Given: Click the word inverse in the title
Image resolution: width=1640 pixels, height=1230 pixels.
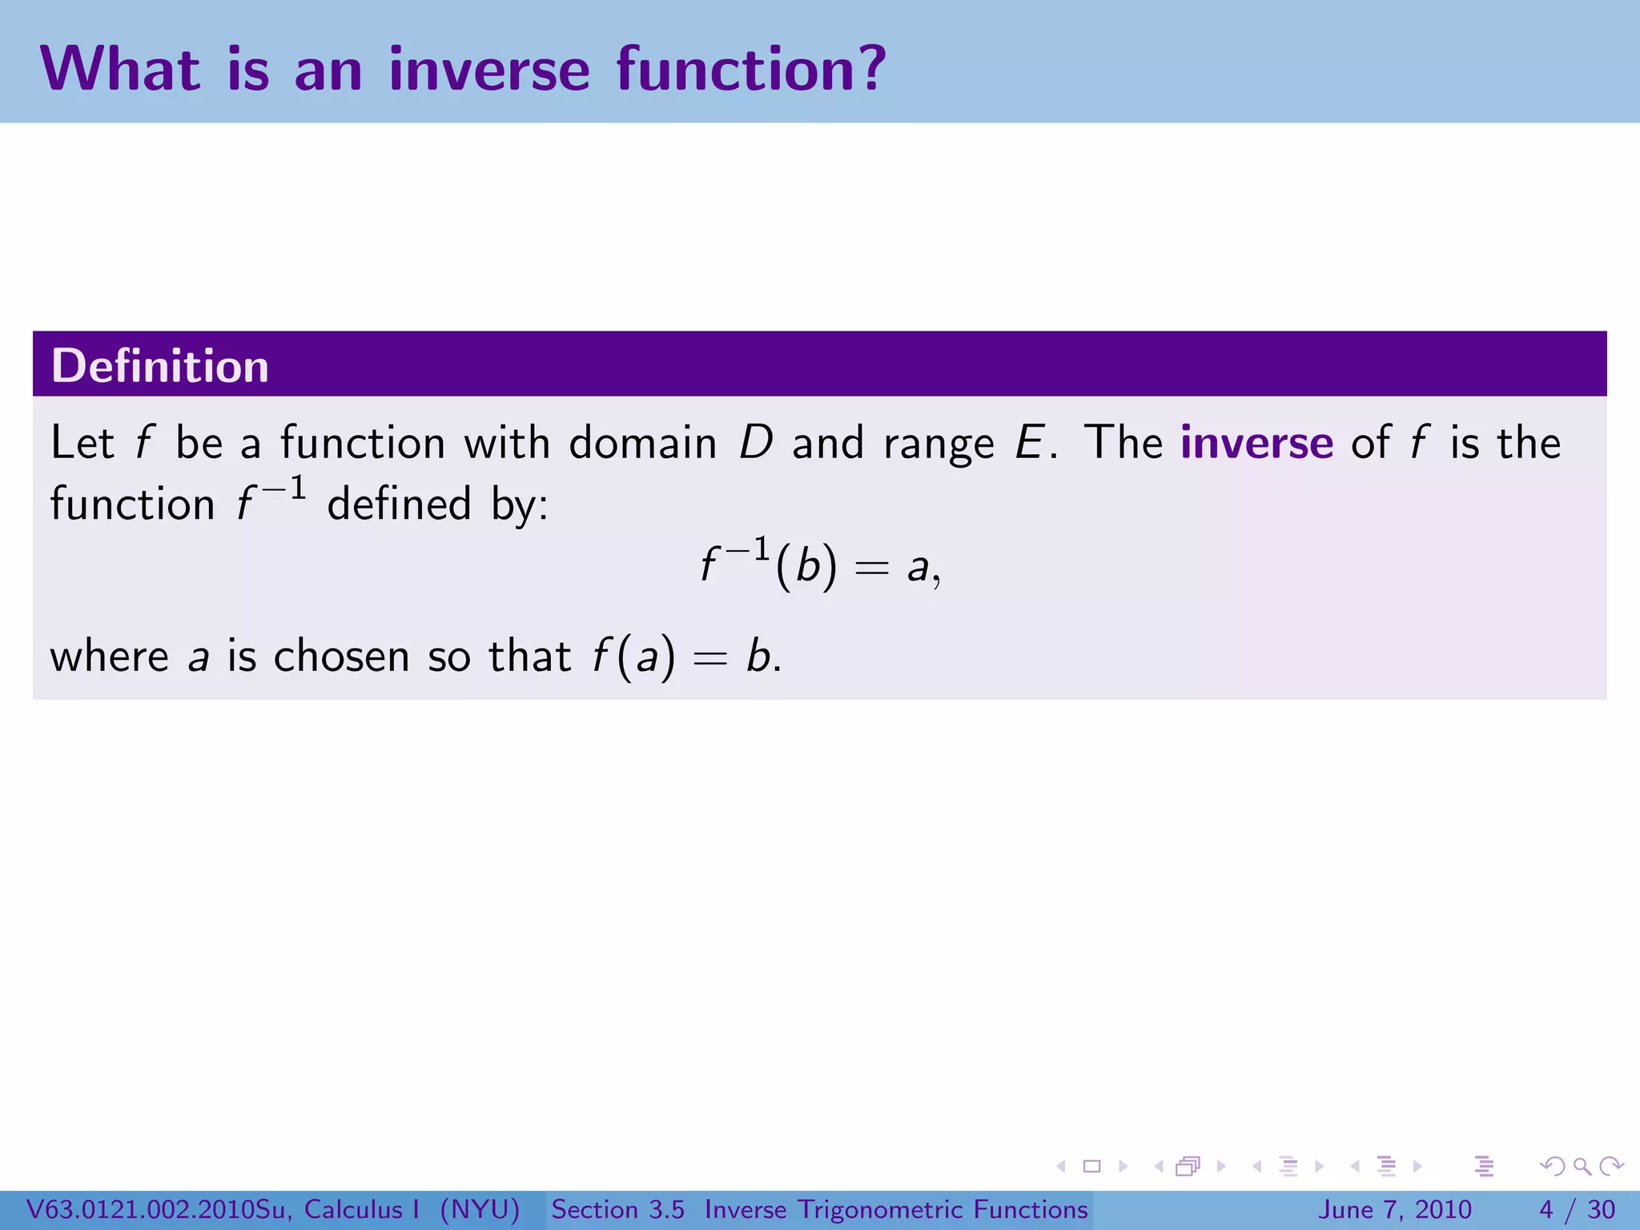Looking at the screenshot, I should [489, 69].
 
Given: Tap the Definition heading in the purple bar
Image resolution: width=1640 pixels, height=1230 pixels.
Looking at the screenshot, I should [159, 366].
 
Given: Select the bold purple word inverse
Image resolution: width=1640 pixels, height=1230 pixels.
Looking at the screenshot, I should [1256, 442].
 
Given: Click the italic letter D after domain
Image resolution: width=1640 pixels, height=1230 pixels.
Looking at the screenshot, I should [755, 442].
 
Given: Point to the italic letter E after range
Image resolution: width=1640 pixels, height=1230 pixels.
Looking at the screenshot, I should [1028, 442].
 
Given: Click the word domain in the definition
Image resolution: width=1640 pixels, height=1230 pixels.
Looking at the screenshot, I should [642, 442].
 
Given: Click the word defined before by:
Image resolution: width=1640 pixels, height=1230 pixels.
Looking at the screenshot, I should [399, 504].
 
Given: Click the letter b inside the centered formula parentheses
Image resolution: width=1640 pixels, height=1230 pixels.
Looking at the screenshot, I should [807, 565].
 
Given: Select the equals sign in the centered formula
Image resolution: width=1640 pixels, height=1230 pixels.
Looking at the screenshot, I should [871, 569].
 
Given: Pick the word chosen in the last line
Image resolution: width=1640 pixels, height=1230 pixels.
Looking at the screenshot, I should [341, 656].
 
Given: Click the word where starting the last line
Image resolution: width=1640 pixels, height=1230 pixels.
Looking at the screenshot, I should [109, 656].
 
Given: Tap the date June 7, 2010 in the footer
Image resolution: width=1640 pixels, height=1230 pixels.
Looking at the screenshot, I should [1394, 1209].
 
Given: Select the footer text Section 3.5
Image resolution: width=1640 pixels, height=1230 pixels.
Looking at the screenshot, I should [617, 1209].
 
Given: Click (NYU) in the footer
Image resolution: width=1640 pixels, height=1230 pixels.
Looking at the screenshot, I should [480, 1209].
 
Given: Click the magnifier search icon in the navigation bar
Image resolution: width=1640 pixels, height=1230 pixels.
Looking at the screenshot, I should [1582, 1167].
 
